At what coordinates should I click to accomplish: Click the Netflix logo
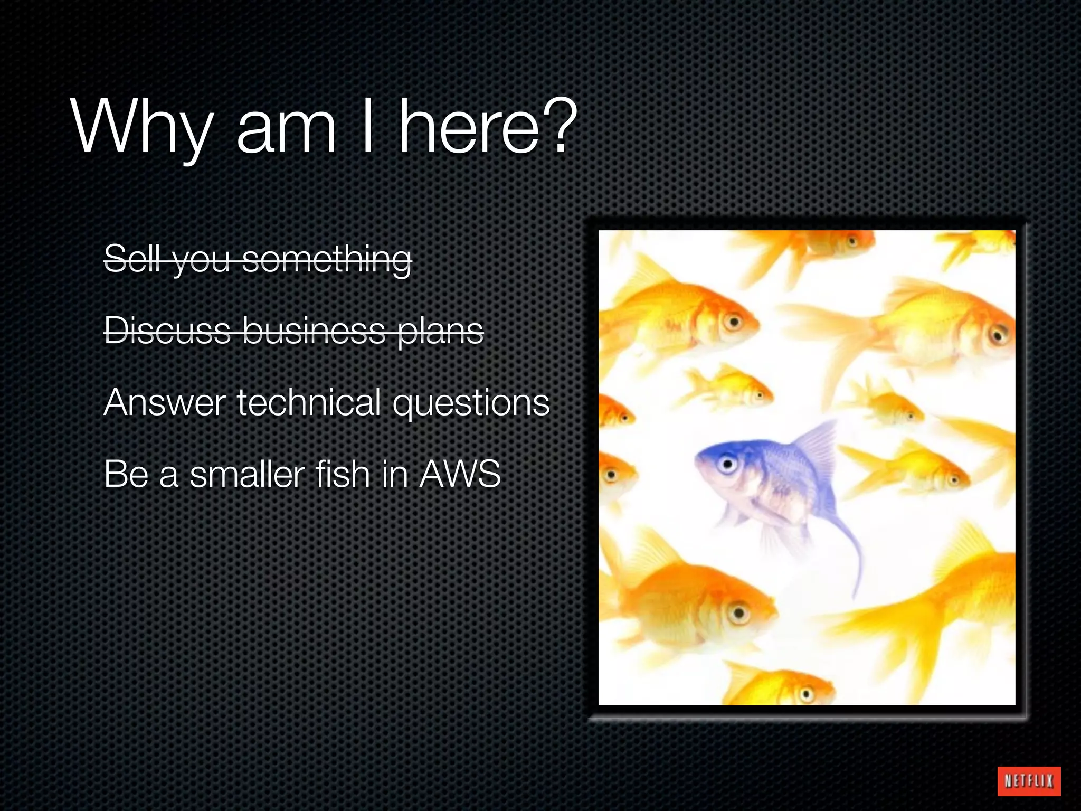(1028, 780)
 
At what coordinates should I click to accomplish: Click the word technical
(309, 402)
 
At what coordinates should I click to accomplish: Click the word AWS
(460, 474)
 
